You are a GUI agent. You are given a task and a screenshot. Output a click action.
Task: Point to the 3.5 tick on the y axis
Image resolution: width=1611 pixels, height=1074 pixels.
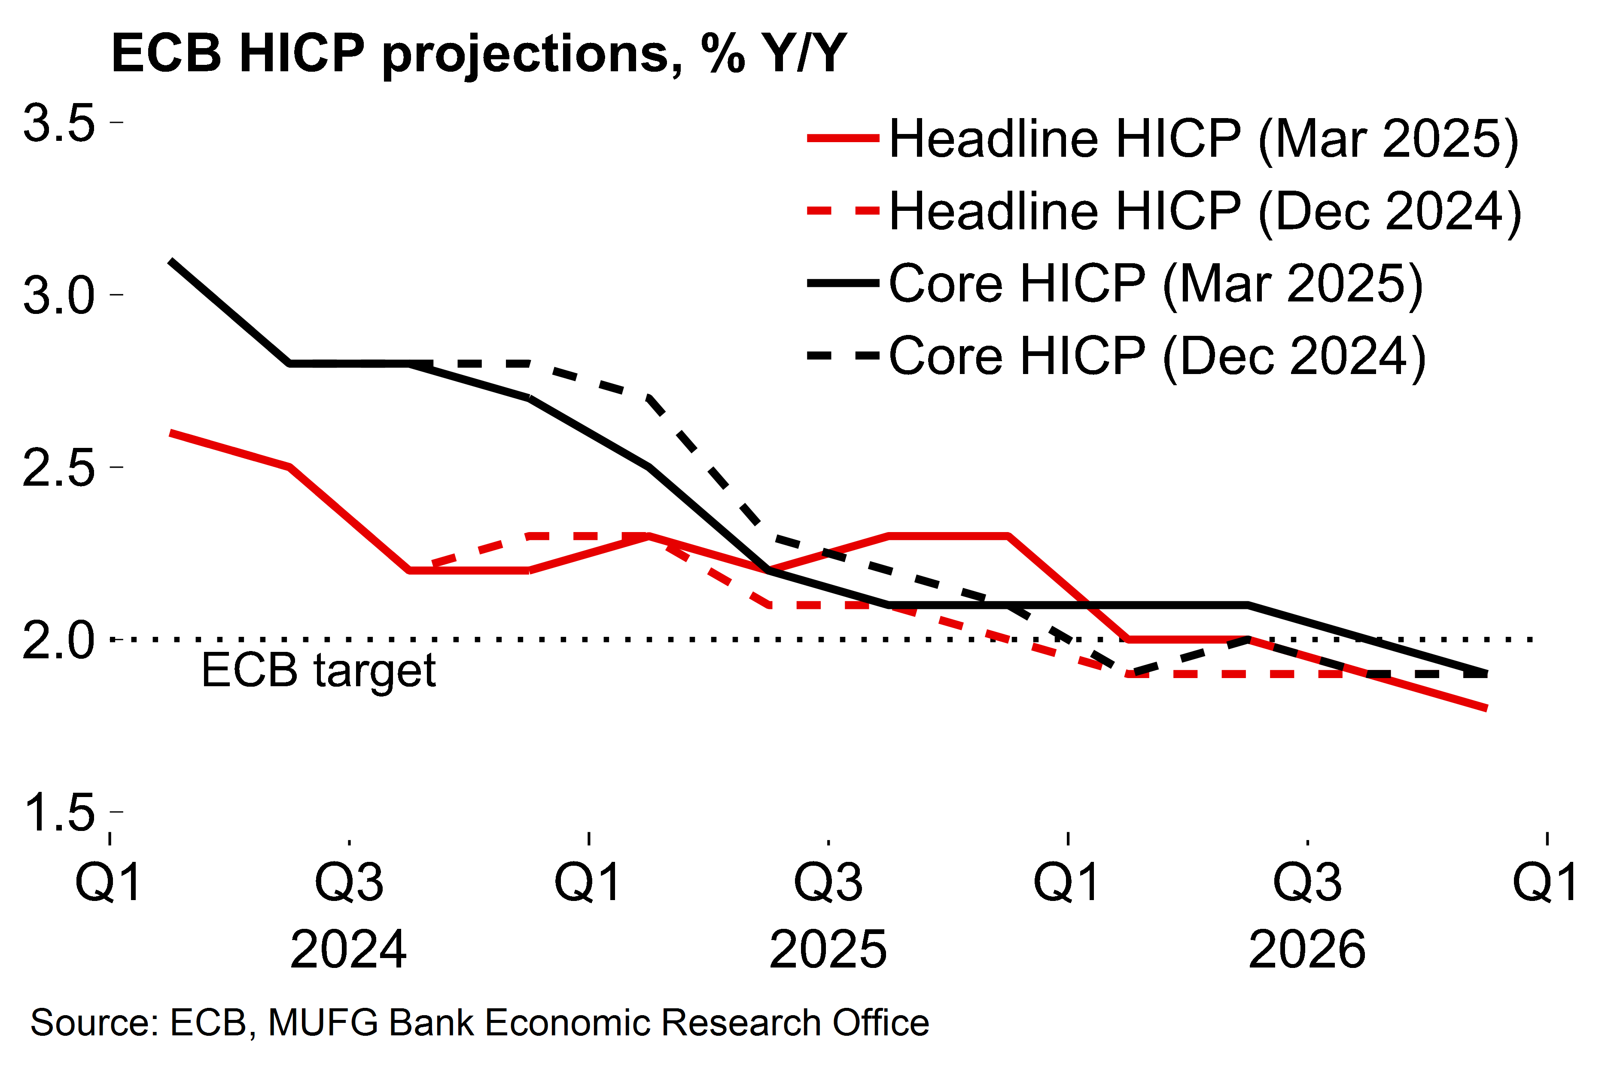(59, 123)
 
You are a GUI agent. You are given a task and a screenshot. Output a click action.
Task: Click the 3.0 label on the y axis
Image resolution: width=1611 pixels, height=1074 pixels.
(59, 296)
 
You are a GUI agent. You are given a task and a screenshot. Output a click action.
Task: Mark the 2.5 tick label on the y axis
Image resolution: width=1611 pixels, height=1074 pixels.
(59, 469)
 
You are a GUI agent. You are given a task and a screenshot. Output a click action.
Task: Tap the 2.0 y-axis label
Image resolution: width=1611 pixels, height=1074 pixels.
(59, 641)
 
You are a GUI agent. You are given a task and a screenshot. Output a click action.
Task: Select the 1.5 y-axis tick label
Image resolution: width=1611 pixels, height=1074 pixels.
(59, 813)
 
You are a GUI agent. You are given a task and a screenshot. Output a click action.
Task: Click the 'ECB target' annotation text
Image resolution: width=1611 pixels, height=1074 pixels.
(319, 671)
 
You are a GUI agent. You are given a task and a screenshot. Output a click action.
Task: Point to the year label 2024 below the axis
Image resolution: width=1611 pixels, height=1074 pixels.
(349, 949)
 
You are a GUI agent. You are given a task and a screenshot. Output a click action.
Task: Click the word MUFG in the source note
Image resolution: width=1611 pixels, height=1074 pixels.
(323, 1022)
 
